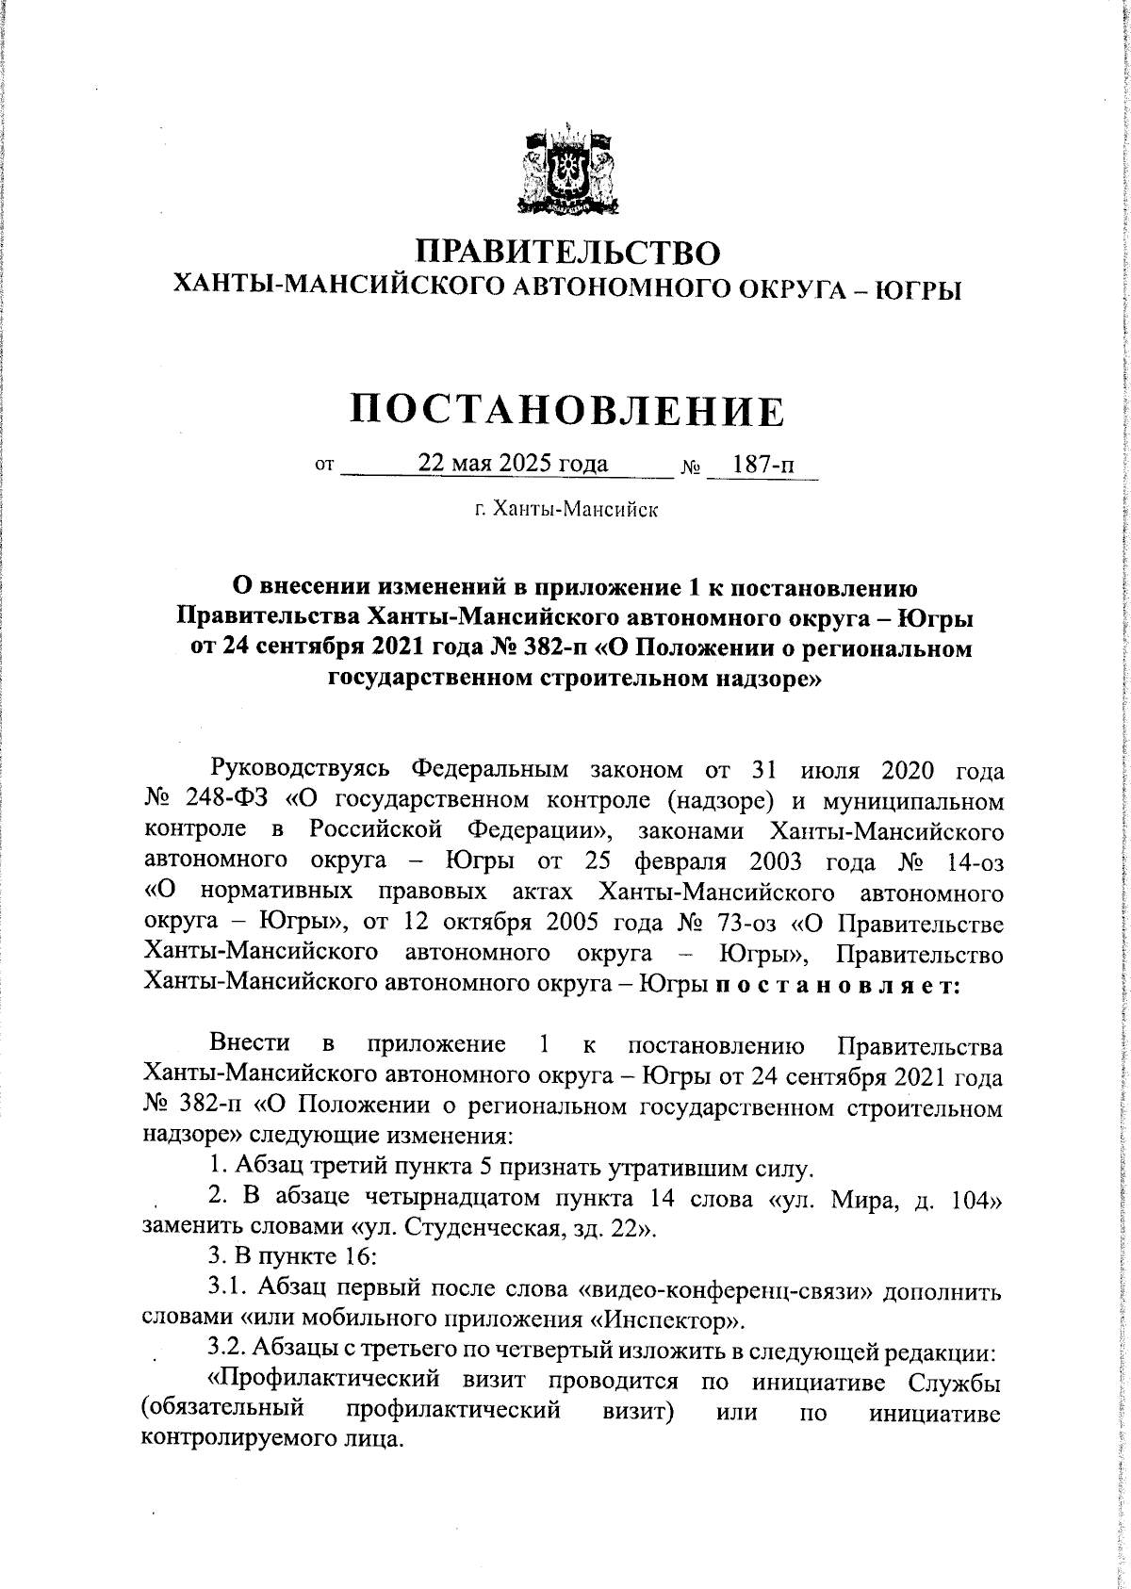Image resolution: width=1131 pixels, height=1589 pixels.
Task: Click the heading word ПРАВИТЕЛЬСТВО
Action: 568,253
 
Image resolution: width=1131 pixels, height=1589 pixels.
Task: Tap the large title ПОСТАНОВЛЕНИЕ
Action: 567,411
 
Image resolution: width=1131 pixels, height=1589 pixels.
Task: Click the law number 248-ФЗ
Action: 226,800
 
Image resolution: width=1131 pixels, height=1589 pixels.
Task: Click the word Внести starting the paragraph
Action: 250,1044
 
